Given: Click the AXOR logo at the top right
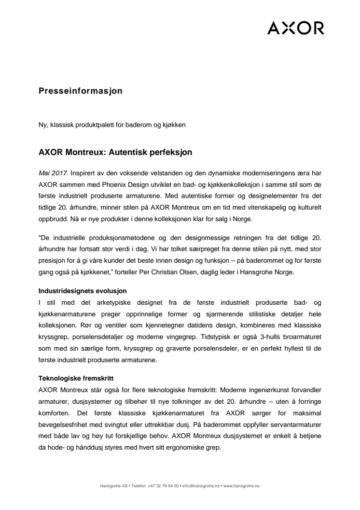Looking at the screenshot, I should [x=296, y=28].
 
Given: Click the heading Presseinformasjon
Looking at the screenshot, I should [x=80, y=90].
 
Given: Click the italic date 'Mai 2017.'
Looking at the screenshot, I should [x=55, y=173].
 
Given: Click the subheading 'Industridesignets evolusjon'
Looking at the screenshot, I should [x=79, y=291].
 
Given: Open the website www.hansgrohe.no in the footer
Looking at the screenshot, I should [x=242, y=486].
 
